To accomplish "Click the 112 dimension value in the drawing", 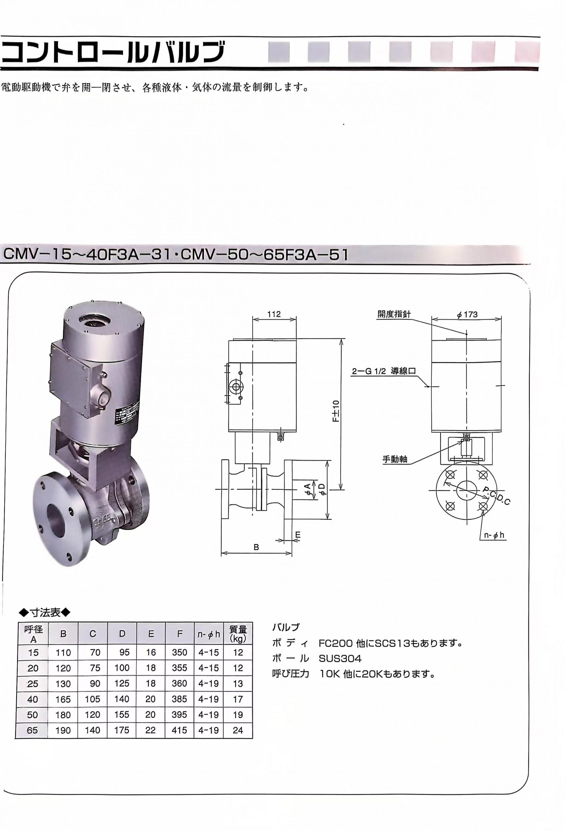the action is (x=274, y=314).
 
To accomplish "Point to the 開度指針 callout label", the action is (x=394, y=314).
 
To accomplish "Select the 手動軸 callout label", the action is (x=395, y=459).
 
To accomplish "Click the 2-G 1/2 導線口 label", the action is (x=384, y=371).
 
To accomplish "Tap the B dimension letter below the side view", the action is (x=256, y=547).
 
